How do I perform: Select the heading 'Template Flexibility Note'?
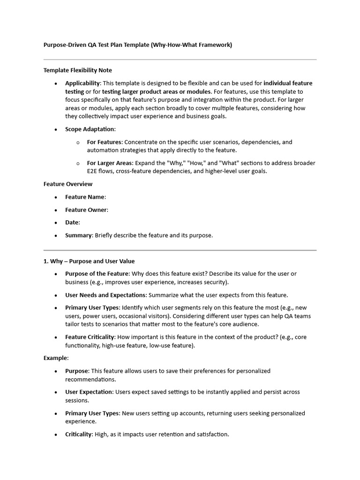coord(78,70)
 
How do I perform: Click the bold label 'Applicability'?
coord(82,83)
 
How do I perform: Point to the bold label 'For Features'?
coord(104,142)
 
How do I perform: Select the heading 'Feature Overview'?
coord(68,184)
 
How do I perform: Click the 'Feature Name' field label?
coord(85,197)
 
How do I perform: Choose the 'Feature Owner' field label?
coord(86,210)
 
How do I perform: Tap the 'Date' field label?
coord(72,223)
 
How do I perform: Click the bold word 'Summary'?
coord(78,235)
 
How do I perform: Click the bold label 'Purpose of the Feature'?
coord(97,274)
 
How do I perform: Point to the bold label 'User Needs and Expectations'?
coord(105,295)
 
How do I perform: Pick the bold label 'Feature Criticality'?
coord(90,337)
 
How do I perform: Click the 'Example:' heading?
coord(56,358)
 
